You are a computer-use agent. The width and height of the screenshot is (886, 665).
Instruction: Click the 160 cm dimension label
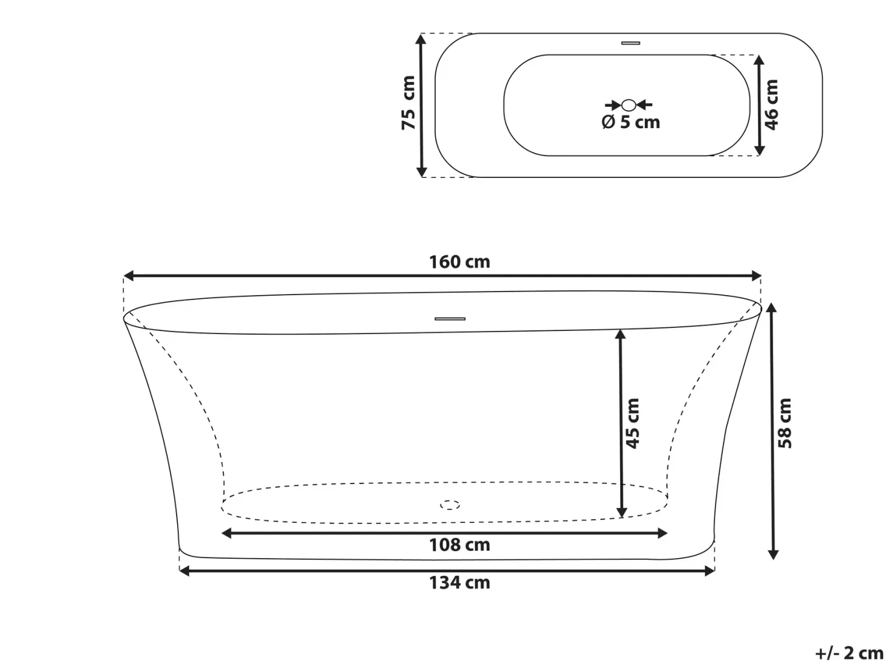[x=459, y=262]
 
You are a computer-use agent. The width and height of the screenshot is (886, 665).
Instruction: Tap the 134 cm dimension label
[x=459, y=582]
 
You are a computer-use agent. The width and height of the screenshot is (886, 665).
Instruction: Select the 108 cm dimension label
[x=459, y=545]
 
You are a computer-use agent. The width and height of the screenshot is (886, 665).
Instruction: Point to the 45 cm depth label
[x=632, y=423]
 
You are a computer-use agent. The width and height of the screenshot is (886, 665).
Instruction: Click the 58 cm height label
[x=785, y=423]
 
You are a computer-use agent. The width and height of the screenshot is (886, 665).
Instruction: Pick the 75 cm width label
[x=408, y=103]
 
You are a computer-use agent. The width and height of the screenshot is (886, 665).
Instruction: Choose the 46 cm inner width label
[x=771, y=105]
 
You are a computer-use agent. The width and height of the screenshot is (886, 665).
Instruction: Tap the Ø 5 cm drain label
[x=631, y=122]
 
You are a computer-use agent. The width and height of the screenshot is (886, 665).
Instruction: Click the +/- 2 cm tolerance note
[x=849, y=653]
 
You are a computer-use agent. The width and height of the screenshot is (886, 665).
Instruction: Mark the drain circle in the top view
[x=629, y=105]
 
